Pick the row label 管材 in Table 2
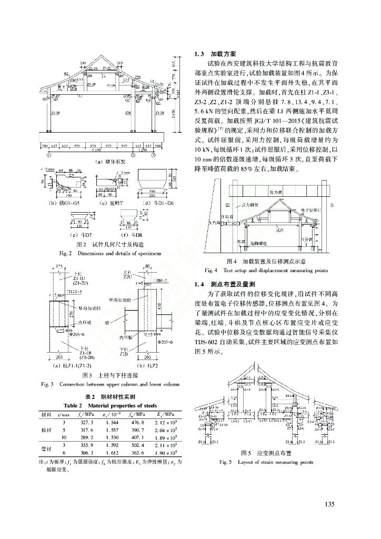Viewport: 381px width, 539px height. coord(46,447)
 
